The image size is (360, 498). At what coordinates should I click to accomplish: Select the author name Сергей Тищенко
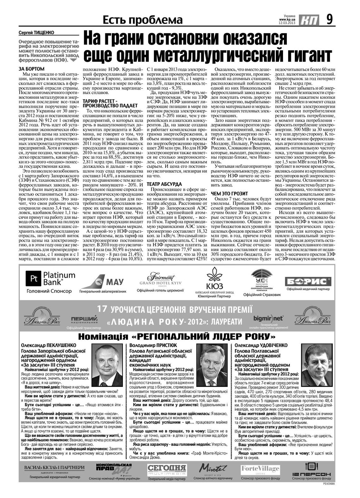pos(36,33)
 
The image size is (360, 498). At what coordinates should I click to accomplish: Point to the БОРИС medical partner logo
pos(308,281)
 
